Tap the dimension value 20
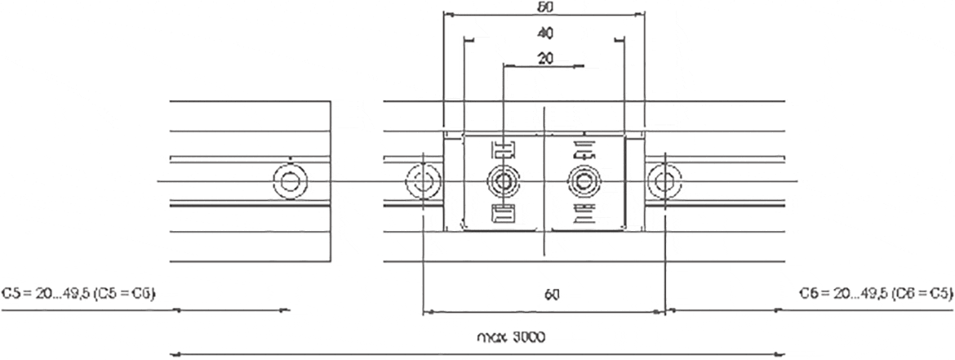point(544,58)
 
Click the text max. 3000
point(510,336)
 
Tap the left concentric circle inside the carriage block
point(502,180)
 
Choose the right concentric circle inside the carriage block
point(583,180)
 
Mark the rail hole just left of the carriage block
point(422,180)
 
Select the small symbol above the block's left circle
point(503,149)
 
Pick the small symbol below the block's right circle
point(584,215)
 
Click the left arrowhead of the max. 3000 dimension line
point(174,354)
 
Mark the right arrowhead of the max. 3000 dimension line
point(781,354)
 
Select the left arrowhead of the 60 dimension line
point(427,311)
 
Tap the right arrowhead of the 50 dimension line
point(641,14)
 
